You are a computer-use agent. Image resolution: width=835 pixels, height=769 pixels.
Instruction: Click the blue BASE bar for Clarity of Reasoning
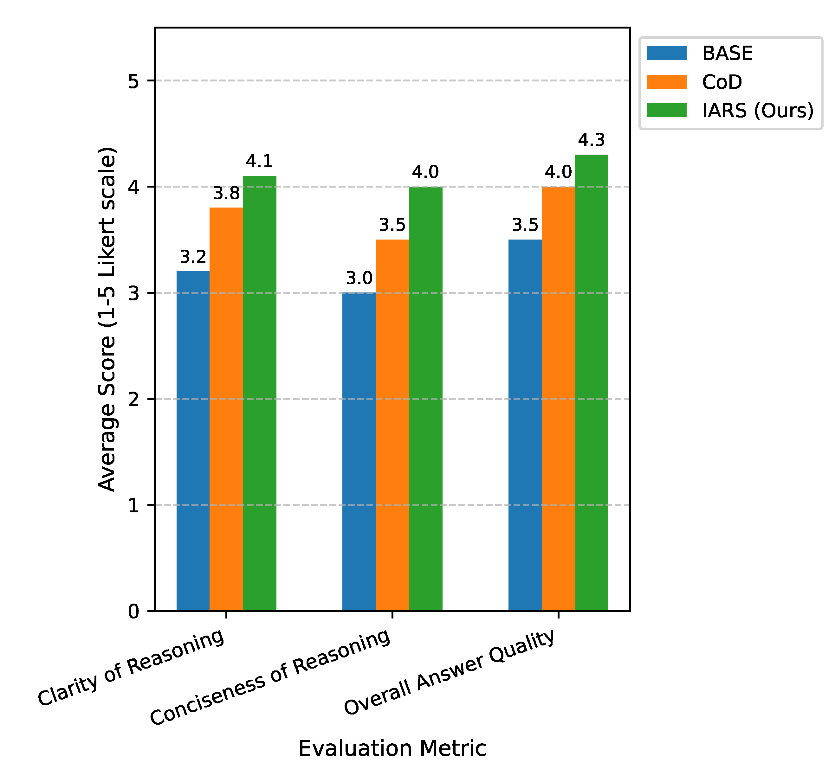[x=193, y=441]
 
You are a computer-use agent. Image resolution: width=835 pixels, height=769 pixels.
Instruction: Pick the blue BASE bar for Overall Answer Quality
[x=525, y=425]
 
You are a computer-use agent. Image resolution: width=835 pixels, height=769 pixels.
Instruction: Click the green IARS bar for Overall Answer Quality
[x=592, y=382]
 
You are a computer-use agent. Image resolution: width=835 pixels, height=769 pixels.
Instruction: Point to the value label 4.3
[x=591, y=140]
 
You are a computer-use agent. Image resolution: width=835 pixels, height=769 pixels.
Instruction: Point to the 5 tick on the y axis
[x=133, y=81]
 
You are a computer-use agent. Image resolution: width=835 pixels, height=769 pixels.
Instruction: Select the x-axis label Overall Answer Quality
[x=450, y=672]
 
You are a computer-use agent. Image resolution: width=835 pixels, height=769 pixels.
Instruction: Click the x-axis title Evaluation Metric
[x=392, y=748]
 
